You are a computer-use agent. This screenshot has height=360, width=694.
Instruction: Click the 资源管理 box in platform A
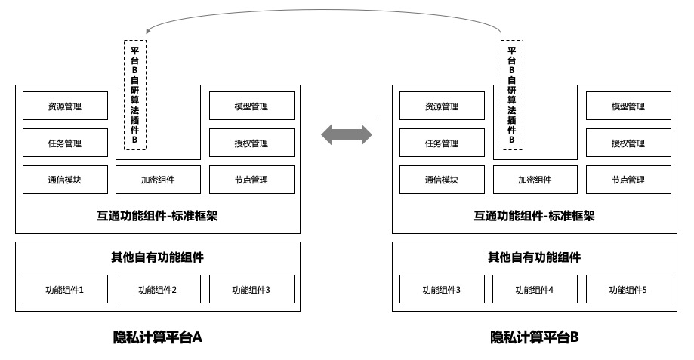(x=65, y=106)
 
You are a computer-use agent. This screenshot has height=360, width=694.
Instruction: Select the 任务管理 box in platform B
(x=441, y=143)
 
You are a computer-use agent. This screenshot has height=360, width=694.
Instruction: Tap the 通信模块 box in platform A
(x=65, y=180)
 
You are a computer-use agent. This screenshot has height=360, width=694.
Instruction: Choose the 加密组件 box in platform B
(x=535, y=180)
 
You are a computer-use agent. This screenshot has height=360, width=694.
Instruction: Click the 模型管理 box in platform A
(x=251, y=106)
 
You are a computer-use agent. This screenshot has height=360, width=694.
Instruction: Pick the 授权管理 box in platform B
(x=628, y=143)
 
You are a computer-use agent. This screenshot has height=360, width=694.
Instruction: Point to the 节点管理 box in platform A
(x=251, y=180)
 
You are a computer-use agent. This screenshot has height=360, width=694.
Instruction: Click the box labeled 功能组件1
(x=65, y=289)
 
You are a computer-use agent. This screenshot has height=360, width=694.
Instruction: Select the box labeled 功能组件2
(x=158, y=289)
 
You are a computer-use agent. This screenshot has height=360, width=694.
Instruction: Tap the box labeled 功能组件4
(x=535, y=289)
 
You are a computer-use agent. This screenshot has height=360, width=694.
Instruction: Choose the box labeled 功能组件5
(x=628, y=289)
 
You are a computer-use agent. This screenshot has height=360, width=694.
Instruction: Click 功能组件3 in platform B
(x=441, y=289)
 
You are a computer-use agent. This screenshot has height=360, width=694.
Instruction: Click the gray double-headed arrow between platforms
(x=347, y=135)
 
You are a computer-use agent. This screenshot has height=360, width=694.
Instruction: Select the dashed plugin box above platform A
(x=134, y=94)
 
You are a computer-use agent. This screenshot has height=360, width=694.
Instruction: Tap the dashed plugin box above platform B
(x=511, y=94)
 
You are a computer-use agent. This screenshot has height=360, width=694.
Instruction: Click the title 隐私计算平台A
(x=158, y=337)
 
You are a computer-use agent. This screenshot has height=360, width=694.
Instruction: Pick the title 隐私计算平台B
(x=534, y=337)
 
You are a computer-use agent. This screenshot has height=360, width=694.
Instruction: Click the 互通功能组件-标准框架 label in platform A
(x=158, y=216)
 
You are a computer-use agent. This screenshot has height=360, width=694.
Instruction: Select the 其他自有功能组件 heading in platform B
(x=534, y=257)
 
